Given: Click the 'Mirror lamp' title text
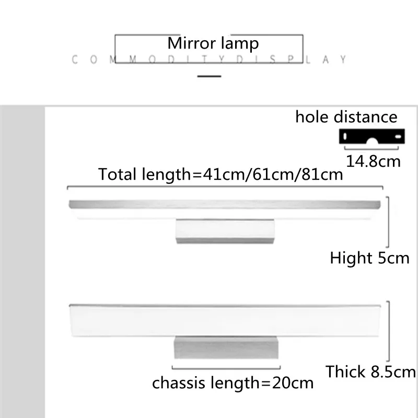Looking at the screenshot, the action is click(213, 44).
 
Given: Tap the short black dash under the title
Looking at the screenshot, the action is click(209, 76).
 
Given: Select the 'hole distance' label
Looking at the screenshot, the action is click(346, 117).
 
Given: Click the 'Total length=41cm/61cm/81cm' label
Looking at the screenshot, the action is click(221, 174).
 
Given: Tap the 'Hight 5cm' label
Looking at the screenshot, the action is click(369, 258).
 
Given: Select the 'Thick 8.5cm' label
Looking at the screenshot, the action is click(371, 372).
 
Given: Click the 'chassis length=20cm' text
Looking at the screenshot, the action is click(233, 383).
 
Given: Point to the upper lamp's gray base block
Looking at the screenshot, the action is click(224, 230).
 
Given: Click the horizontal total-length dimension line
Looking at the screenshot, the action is click(225, 187).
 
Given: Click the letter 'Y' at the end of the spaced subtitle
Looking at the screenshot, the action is click(343, 60).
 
